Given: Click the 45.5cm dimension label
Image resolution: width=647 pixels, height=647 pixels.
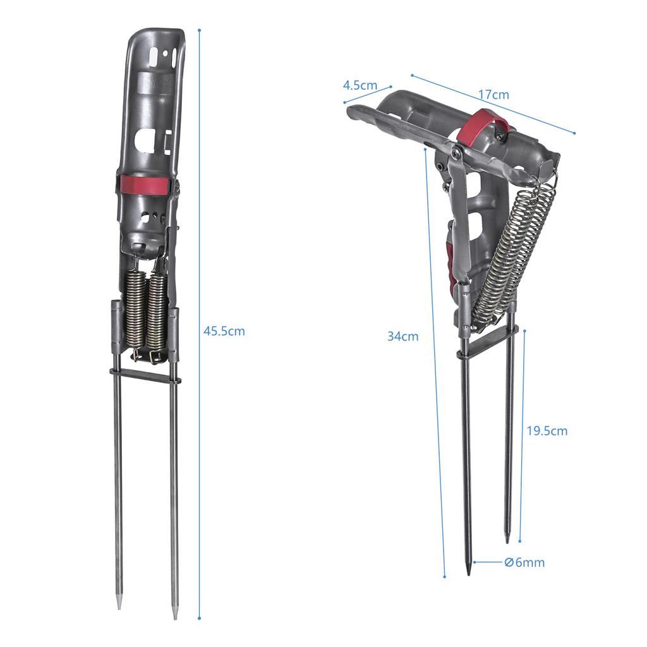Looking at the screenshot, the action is point(224,331).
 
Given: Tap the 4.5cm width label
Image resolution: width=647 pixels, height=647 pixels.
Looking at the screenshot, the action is point(360,85).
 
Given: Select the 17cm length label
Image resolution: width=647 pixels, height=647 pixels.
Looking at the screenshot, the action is point(493,95).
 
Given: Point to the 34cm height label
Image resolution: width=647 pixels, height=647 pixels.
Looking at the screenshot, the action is point(402,336).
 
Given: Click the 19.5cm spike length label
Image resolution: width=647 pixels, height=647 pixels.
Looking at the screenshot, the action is point(547,431).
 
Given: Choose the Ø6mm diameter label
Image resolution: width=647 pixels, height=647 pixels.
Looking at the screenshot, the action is point(524,562).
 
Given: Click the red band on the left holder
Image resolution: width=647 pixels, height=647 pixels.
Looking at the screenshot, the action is point(145,184).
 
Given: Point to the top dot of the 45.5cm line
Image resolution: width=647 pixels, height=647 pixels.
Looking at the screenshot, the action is point(199,30).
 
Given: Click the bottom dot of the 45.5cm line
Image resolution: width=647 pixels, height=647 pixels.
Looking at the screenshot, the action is point(199,618).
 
